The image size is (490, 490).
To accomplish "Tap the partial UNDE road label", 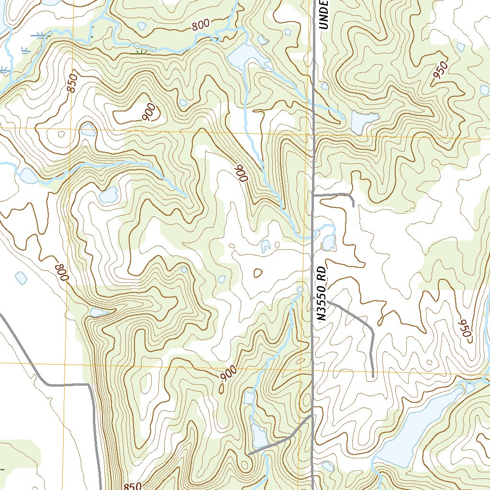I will pyautogui.click(x=324, y=14).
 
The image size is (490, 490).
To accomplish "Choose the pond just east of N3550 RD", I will pyautogui.click(x=329, y=243).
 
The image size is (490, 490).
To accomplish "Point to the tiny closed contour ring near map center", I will pyautogui.click(x=257, y=273).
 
